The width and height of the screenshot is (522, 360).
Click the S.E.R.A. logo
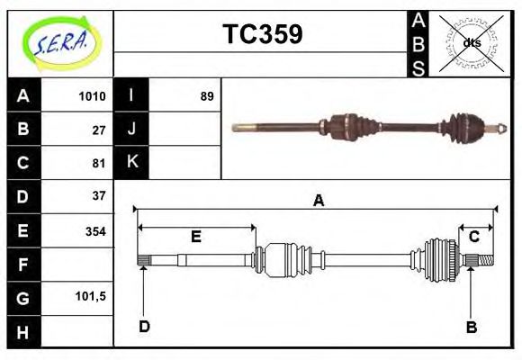59,42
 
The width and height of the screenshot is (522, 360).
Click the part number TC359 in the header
262,35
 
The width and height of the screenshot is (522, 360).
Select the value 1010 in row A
93,96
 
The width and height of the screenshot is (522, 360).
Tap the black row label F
23,265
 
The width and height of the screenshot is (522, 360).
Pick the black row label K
131,162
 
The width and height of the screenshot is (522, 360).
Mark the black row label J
131,129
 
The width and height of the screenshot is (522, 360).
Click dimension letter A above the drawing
318,202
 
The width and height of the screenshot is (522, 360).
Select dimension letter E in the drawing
195,238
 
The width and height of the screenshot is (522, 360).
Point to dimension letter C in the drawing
473,237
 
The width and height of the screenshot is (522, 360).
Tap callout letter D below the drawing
144,327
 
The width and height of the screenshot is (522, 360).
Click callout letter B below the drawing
471,328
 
